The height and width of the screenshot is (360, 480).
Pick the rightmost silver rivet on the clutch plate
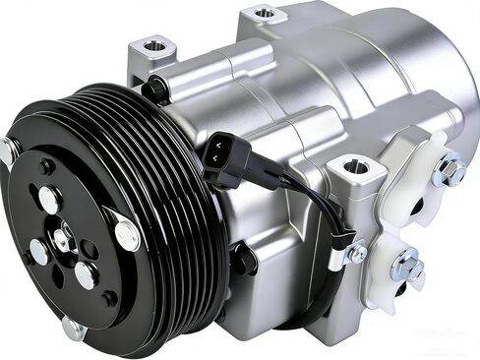pos(127,234)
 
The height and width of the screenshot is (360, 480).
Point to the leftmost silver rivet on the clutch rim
pos(7,150)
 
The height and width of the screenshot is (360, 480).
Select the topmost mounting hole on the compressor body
pos(264,14)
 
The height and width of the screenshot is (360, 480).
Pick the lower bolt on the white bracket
pos(406,266)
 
